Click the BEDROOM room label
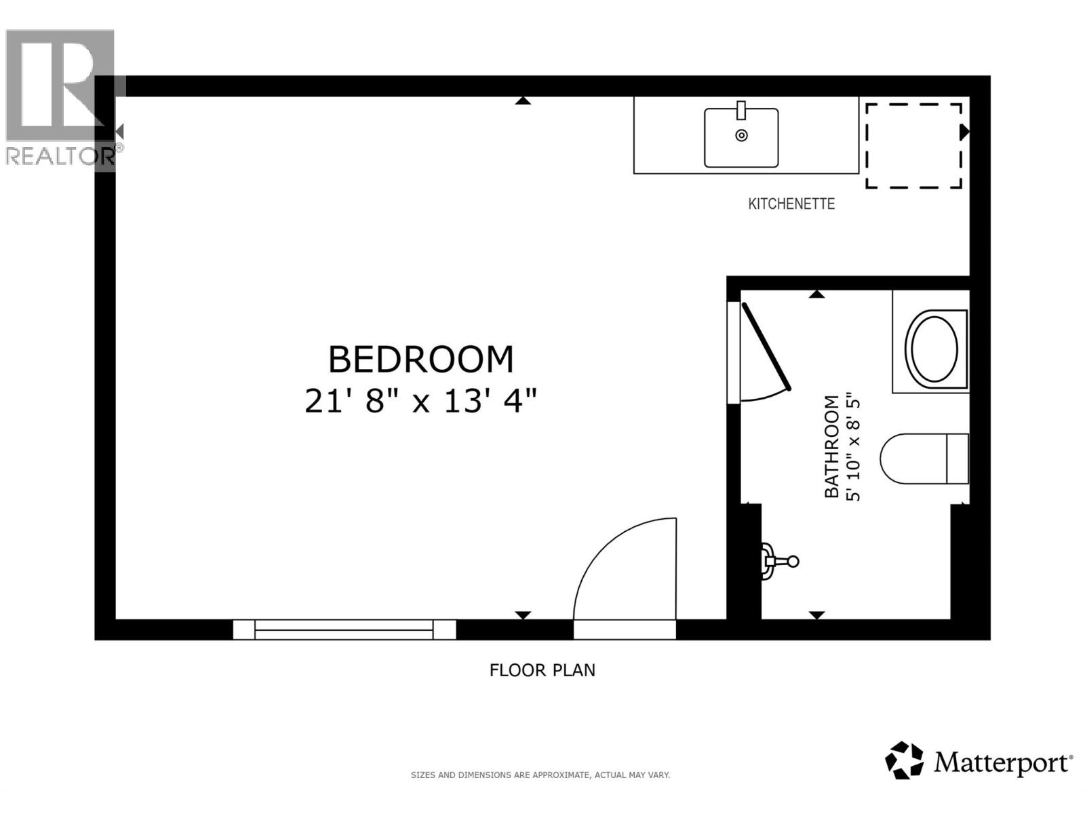click(420, 360)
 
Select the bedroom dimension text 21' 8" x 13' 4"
click(420, 401)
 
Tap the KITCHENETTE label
click(791, 203)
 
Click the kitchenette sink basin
click(741, 137)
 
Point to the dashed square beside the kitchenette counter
click(913, 146)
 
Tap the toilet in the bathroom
click(924, 459)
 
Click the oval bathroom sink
click(934, 349)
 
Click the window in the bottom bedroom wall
click(344, 629)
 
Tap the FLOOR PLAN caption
click(542, 670)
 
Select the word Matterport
click(1002, 762)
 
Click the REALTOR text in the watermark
click(60, 156)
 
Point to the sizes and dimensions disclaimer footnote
click(540, 775)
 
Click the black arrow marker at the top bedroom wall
click(522, 101)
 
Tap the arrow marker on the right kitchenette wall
click(964, 132)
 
